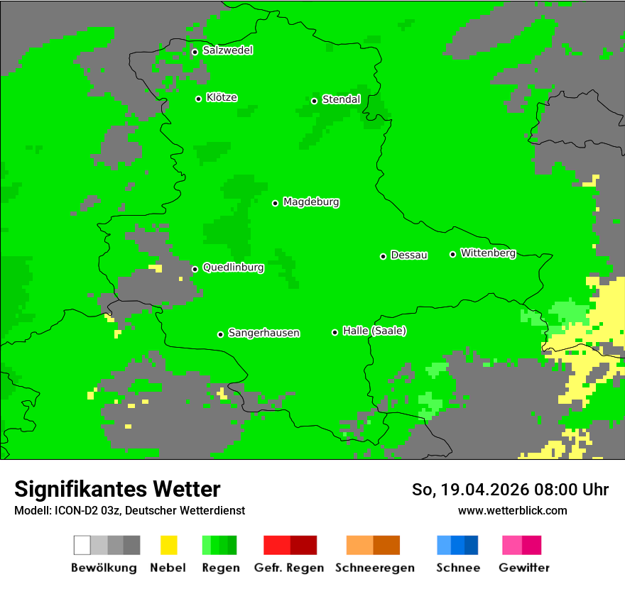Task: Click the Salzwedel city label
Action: pyautogui.click(x=227, y=50)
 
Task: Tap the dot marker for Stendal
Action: pyautogui.click(x=314, y=101)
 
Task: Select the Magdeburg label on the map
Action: pyautogui.click(x=311, y=202)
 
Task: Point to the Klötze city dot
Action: pyautogui.click(x=198, y=99)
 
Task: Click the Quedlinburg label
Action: pyautogui.click(x=233, y=268)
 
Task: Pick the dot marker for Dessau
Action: pyautogui.click(x=383, y=256)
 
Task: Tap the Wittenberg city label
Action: pyautogui.click(x=488, y=253)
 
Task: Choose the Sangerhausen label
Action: pyautogui.click(x=263, y=333)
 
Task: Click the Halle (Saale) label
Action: pyautogui.click(x=374, y=331)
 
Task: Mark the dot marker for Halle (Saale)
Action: pyautogui.click(x=335, y=332)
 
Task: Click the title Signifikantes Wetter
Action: pyautogui.click(x=117, y=489)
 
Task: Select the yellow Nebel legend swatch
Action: pyautogui.click(x=168, y=545)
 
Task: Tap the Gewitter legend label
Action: pyautogui.click(x=524, y=568)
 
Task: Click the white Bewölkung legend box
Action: pyautogui.click(x=82, y=545)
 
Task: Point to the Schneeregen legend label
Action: pyautogui.click(x=375, y=568)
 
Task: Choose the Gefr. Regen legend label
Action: pyautogui.click(x=288, y=568)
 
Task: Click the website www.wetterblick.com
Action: pyautogui.click(x=512, y=510)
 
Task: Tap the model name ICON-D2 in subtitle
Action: pyautogui.click(x=75, y=510)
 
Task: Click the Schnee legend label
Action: pyautogui.click(x=458, y=568)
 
